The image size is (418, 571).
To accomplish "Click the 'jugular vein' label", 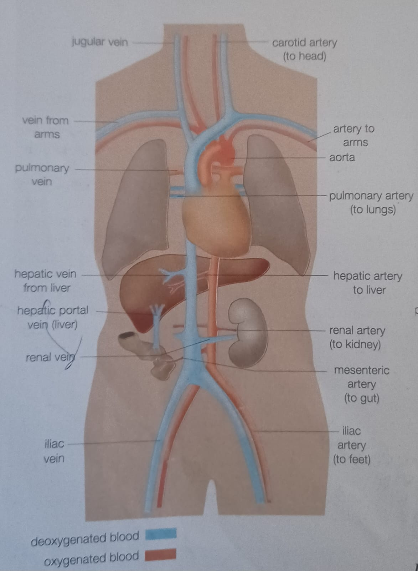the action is click(99, 42).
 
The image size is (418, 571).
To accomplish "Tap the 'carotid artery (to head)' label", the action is click(304, 49).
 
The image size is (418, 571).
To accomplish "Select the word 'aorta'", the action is click(342, 157).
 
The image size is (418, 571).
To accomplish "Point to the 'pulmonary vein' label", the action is click(42, 175).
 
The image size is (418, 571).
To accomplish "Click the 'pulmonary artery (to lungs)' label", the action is click(371, 202).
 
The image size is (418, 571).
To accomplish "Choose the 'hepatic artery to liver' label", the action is click(368, 283).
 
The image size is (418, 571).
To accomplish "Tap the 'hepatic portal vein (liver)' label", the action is click(53, 317).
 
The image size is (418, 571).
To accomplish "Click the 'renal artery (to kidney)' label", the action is click(357, 337).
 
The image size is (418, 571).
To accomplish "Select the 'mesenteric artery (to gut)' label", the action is click(361, 384).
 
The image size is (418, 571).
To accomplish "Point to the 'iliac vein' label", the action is click(54, 451).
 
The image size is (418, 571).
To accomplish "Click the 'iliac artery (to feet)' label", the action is click(351, 445).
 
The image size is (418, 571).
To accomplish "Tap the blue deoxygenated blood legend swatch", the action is click(161, 534).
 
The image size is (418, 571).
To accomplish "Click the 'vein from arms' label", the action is click(46, 127).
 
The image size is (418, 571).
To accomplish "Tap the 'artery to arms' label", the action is click(354, 135).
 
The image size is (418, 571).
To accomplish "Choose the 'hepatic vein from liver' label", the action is click(46, 281).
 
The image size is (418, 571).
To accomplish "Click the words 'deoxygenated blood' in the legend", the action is click(85, 539).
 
